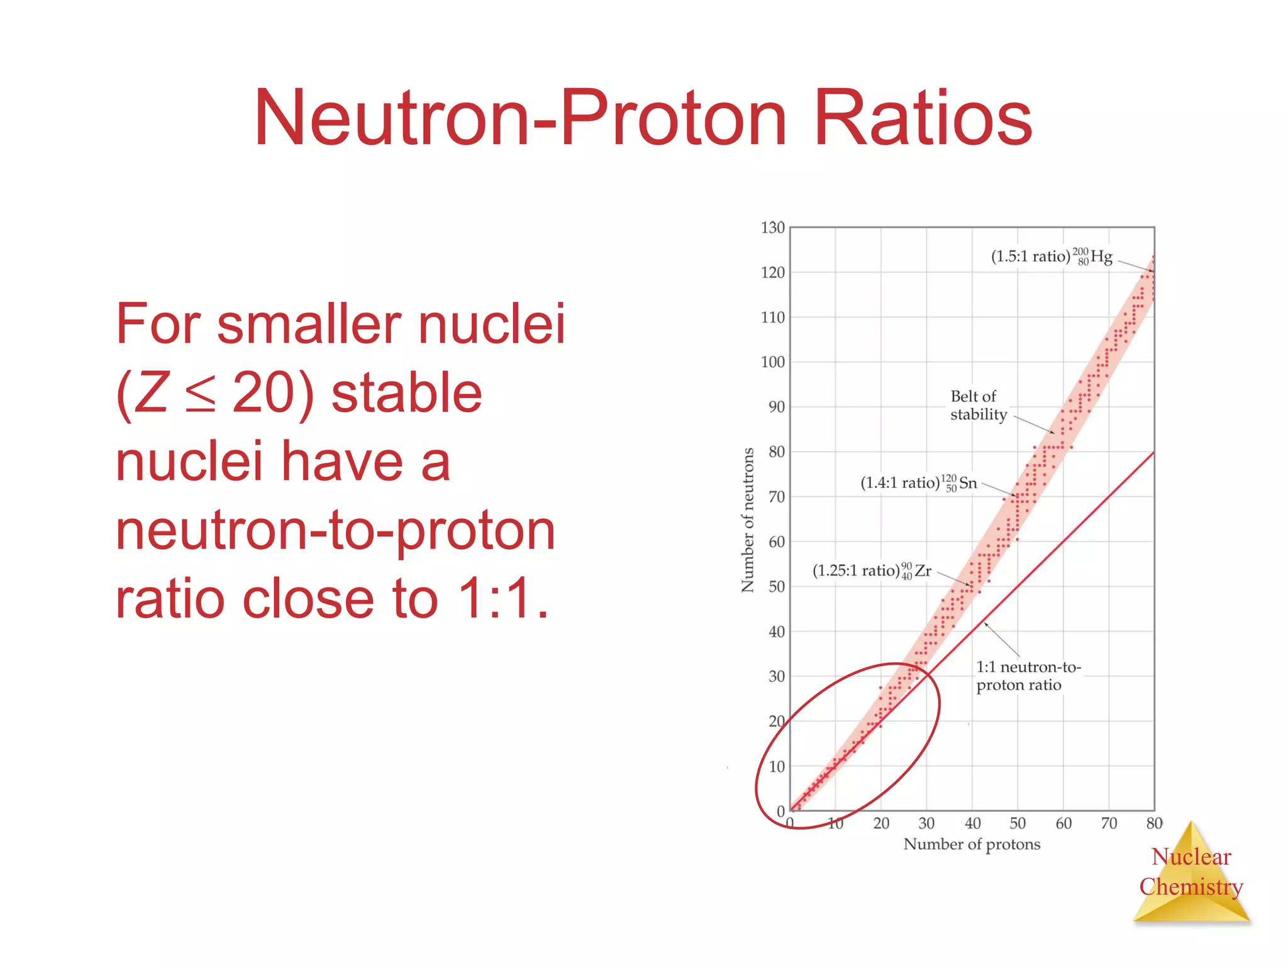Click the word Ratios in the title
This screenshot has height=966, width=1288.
point(923,118)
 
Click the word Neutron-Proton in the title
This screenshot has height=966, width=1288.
point(520,118)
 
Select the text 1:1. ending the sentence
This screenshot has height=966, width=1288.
point(503,599)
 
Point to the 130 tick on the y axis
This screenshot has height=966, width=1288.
point(772,228)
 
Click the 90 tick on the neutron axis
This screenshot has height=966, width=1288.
point(776,407)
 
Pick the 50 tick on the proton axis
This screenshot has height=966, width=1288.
point(1018,823)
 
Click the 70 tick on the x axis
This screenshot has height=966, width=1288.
point(1109,823)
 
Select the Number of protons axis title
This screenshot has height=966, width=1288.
point(972,844)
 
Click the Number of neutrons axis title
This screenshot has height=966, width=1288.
point(748,520)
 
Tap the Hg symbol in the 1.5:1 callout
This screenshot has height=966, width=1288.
point(1101,257)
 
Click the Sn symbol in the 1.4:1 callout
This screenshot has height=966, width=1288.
point(968,483)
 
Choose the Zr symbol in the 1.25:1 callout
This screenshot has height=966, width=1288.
point(923,571)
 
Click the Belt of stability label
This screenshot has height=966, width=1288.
point(978,405)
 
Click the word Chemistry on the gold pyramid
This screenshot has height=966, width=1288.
point(1191,887)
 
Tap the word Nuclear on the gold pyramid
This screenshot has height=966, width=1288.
point(1191,857)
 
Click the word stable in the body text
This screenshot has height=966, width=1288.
point(406,393)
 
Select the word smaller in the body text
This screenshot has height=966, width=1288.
point(308,324)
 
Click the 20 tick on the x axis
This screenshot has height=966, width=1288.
point(881,823)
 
